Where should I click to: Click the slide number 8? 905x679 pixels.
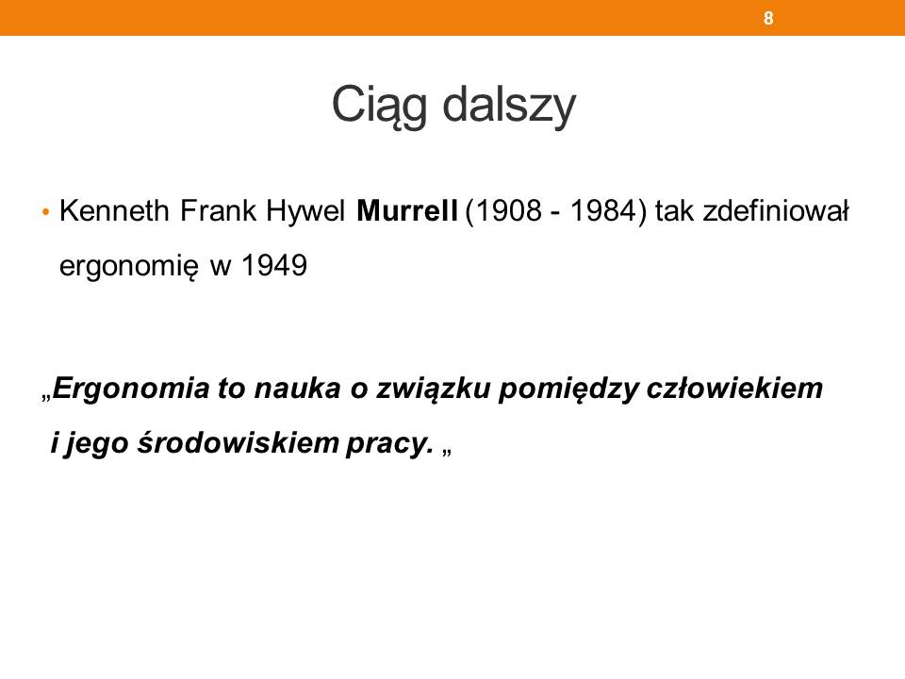pos(768,19)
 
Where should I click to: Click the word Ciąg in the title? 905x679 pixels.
pos(380,106)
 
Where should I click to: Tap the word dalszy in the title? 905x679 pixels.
pos(510,106)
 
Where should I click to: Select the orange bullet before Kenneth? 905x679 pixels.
pos(46,212)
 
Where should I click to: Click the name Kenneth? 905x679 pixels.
pos(114,210)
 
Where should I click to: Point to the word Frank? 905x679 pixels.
pos(218,210)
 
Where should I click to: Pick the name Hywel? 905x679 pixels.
pos(305,211)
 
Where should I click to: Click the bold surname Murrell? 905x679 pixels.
pos(407,210)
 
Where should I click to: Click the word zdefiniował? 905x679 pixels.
pos(776,210)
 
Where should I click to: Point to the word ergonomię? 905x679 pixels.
pos(129,267)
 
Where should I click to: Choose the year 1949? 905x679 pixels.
pos(274,266)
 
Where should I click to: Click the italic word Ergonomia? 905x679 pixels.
pos(131,388)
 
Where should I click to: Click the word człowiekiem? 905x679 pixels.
pos(734,388)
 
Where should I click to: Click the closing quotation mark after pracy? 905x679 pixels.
pos(447,452)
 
